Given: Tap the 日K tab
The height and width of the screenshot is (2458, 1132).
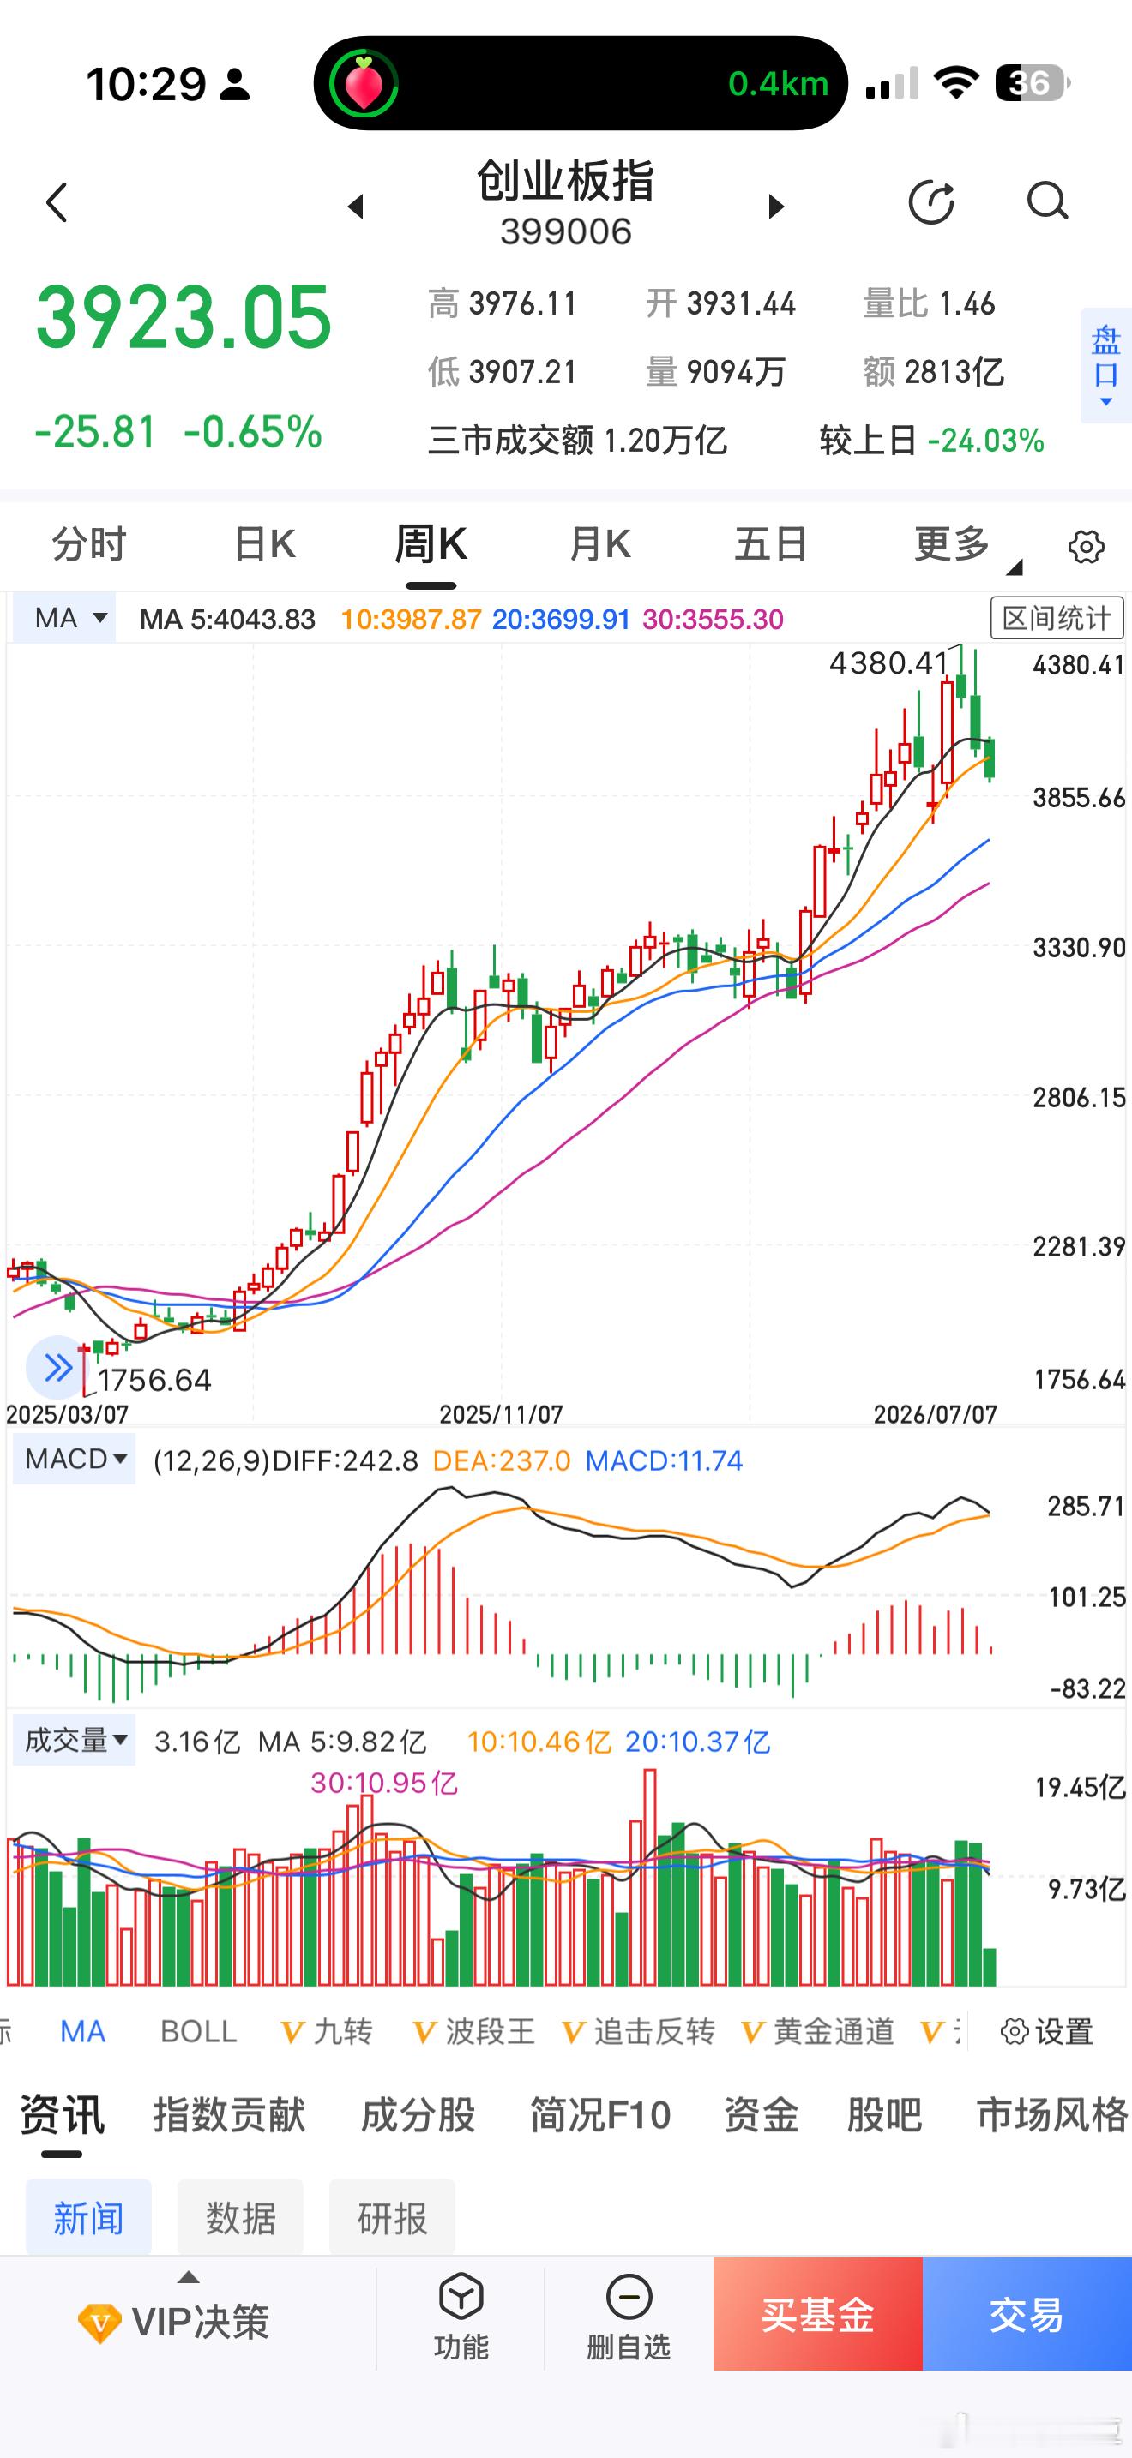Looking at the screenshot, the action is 264,545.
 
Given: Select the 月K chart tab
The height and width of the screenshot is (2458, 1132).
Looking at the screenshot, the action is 599,545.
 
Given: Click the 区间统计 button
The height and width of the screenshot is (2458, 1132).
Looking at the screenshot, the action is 1057,618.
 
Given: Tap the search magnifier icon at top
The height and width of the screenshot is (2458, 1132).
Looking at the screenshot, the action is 1047,201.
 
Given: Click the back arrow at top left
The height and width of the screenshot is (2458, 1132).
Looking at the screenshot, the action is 57,202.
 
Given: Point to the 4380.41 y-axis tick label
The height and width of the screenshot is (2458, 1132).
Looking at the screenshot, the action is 1079,665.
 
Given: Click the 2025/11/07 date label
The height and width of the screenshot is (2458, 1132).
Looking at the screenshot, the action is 501,1414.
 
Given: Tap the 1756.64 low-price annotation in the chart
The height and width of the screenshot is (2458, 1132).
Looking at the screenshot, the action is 154,1380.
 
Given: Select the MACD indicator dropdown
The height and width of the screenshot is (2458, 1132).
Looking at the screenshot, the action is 75,1459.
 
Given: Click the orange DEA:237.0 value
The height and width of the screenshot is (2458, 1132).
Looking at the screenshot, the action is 501,1461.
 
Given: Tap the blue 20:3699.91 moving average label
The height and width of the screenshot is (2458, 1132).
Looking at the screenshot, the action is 561,620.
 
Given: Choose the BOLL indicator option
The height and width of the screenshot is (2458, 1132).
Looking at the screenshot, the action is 199,2031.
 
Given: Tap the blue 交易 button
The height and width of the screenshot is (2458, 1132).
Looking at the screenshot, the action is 1027,2314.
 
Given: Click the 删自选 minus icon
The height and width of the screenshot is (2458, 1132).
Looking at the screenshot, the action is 629,2297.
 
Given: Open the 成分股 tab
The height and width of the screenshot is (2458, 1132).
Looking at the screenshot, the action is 418,2114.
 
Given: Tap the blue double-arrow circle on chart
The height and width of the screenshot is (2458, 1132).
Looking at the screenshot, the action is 57,1367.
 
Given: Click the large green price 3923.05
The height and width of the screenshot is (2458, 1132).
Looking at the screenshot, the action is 184,318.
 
